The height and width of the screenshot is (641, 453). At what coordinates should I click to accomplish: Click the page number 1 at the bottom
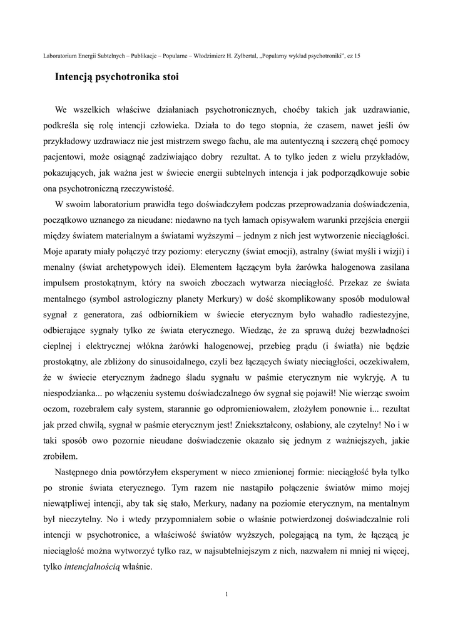point(226,594)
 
